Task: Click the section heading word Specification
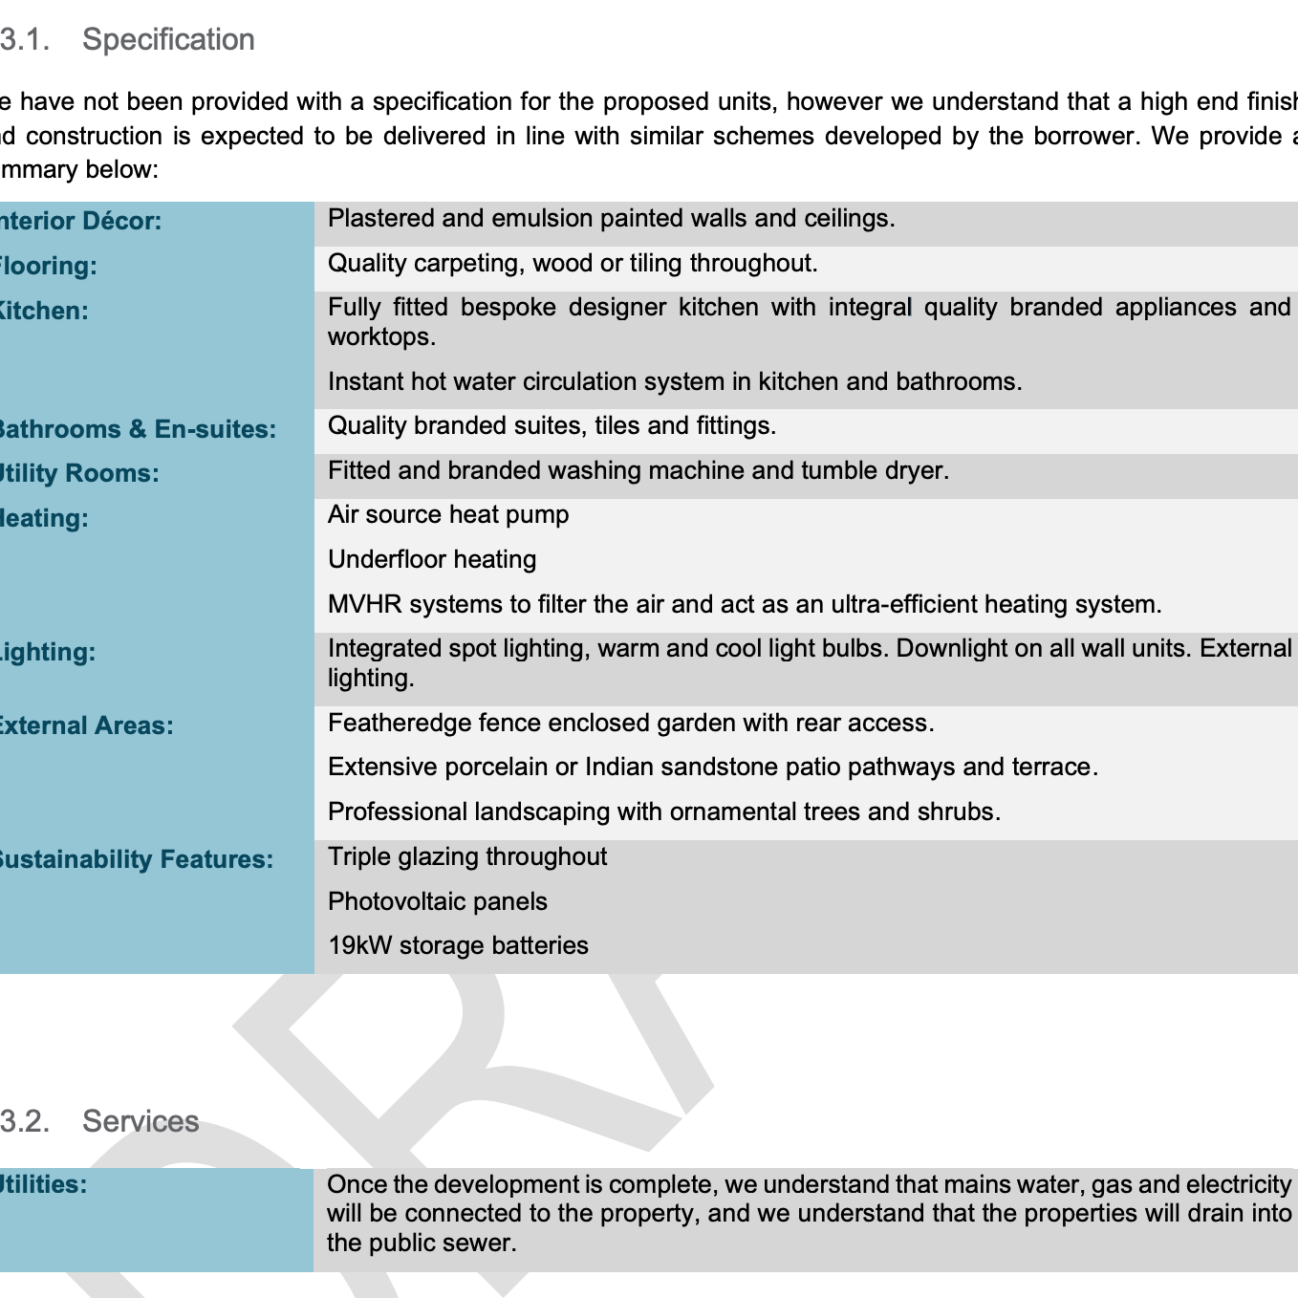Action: [168, 39]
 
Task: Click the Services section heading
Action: [141, 1121]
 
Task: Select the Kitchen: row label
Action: [43, 311]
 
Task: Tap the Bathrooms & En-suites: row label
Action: [136, 429]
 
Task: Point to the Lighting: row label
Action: [47, 652]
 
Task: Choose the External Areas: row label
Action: [85, 725]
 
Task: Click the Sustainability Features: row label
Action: [135, 859]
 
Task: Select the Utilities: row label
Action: [43, 1184]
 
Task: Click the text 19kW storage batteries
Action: [458, 945]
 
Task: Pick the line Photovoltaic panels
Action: [437, 901]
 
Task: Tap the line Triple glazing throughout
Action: [466, 856]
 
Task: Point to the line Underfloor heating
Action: [431, 559]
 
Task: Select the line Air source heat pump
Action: [447, 514]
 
